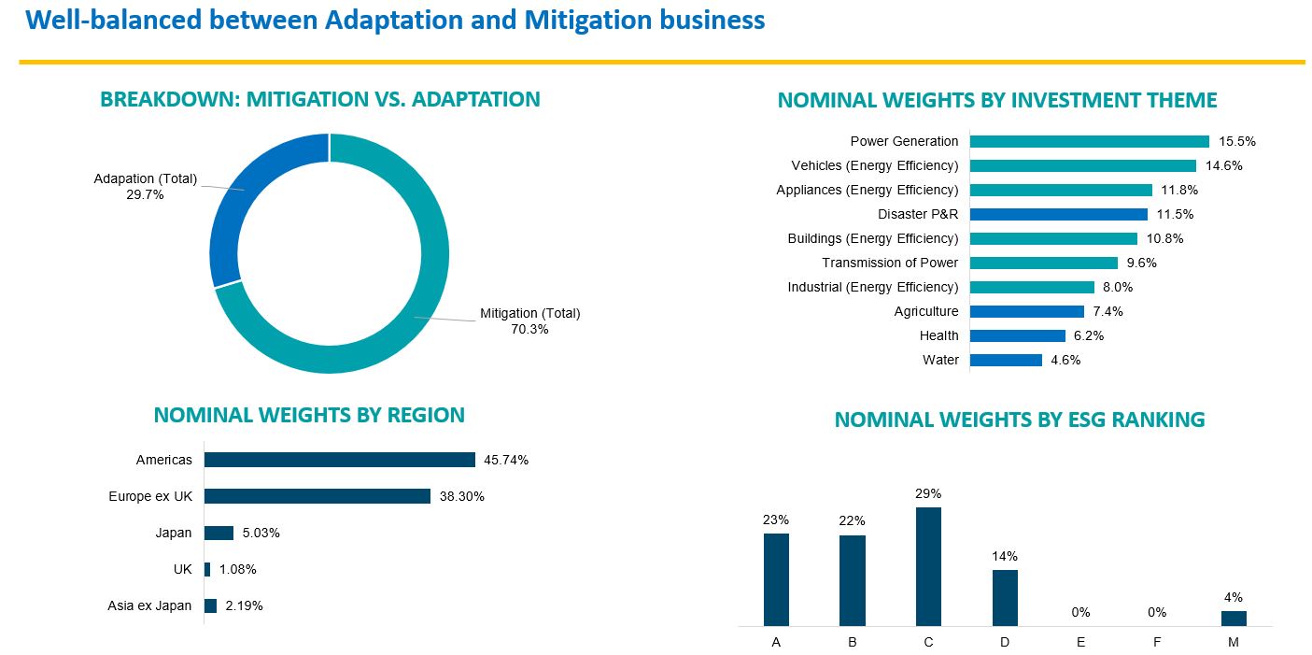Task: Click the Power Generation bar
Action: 1089,141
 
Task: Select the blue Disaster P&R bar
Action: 1045,214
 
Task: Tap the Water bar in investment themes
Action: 1006,360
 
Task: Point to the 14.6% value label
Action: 1224,165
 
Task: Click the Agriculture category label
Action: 925,311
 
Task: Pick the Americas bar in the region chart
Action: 340,460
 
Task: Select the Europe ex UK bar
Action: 317,496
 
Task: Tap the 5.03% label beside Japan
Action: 261,533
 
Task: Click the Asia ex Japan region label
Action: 149,605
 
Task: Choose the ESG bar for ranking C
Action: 928,566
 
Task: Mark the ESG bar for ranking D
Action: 1005,597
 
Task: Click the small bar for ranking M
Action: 1234,618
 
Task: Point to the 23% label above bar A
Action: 776,519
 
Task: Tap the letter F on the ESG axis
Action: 1157,642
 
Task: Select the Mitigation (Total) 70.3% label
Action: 529,320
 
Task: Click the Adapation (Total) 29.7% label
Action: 145,186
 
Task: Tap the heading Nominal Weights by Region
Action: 309,415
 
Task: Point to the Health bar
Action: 1017,335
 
